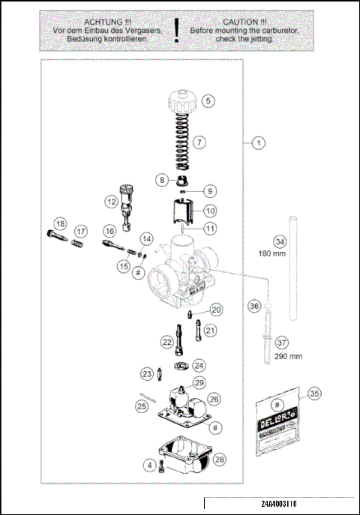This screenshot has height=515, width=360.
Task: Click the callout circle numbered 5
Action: point(208,99)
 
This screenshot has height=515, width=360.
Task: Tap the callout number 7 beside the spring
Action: point(199,141)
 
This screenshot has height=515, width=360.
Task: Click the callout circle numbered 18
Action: point(60,223)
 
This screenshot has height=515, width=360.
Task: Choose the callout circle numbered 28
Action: point(220,459)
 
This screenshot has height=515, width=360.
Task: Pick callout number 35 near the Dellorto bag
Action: point(314,392)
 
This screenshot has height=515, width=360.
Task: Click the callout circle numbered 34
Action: point(279,241)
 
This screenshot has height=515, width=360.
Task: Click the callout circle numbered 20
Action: point(216,309)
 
